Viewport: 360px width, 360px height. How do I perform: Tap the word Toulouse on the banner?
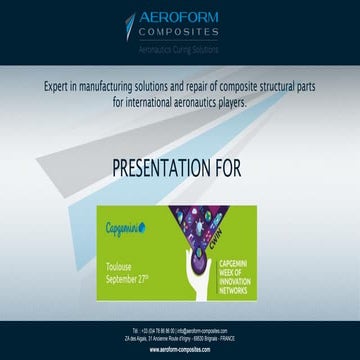pos(123,268)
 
